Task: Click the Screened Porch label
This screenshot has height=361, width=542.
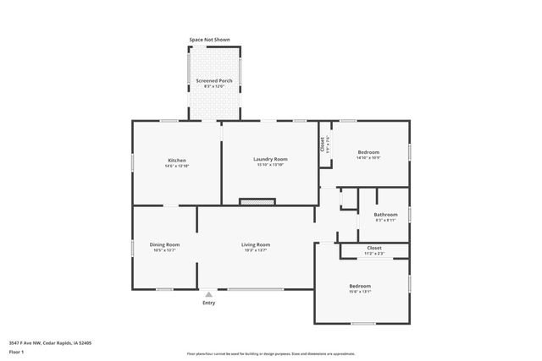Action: tap(214, 80)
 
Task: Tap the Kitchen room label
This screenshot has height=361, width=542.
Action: tap(177, 160)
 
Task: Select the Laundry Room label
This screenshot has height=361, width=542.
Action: tap(270, 159)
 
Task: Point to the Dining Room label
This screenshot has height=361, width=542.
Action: tap(165, 244)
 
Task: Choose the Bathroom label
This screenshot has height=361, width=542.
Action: tap(385, 214)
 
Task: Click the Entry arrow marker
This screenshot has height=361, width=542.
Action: tap(208, 293)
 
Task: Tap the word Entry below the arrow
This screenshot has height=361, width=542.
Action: tap(208, 303)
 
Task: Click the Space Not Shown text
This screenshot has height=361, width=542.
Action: tap(209, 40)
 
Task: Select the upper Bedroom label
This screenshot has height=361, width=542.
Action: tap(368, 152)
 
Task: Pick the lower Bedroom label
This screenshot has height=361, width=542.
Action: tap(359, 286)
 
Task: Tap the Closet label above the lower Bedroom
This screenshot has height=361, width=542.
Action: tap(373, 248)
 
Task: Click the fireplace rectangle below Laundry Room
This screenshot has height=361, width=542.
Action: tap(257, 202)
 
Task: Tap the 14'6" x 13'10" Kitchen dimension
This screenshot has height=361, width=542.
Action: tap(177, 166)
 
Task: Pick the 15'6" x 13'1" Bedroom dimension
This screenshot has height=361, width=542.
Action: tap(359, 292)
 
